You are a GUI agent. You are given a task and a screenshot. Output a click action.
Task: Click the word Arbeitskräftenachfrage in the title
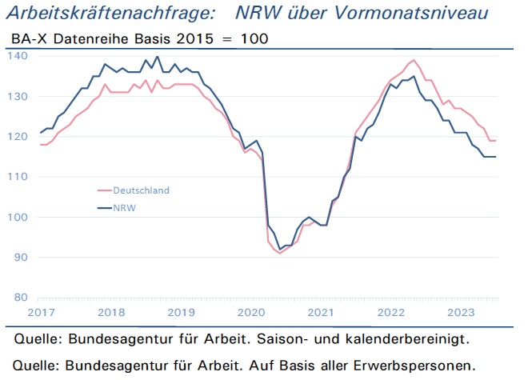(110, 14)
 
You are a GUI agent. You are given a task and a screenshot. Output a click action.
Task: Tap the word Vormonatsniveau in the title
(411, 13)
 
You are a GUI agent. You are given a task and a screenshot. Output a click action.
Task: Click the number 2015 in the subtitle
(195, 38)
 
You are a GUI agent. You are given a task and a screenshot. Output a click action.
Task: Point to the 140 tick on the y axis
(18, 55)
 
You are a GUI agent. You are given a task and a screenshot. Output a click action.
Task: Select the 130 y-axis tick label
(18, 96)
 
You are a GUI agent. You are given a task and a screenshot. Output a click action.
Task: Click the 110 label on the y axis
(18, 177)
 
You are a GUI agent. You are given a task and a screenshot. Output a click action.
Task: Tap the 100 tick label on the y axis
(18, 217)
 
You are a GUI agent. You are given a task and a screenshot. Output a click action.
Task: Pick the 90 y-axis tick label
(21, 257)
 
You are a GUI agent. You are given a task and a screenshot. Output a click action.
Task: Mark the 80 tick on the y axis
(21, 297)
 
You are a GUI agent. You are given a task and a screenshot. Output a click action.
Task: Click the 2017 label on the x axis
(41, 313)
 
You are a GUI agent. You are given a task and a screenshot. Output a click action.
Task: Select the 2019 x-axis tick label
(181, 313)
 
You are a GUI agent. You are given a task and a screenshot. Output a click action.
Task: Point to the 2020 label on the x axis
(251, 313)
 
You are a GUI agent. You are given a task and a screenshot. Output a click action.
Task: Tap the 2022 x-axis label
(391, 313)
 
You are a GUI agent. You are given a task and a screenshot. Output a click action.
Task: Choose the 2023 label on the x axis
(461, 313)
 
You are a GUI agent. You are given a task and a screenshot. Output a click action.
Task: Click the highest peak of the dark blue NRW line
(158, 57)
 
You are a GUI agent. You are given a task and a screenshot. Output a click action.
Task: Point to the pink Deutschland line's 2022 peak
(414, 60)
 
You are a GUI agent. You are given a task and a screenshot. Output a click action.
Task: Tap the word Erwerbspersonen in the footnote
(414, 366)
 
